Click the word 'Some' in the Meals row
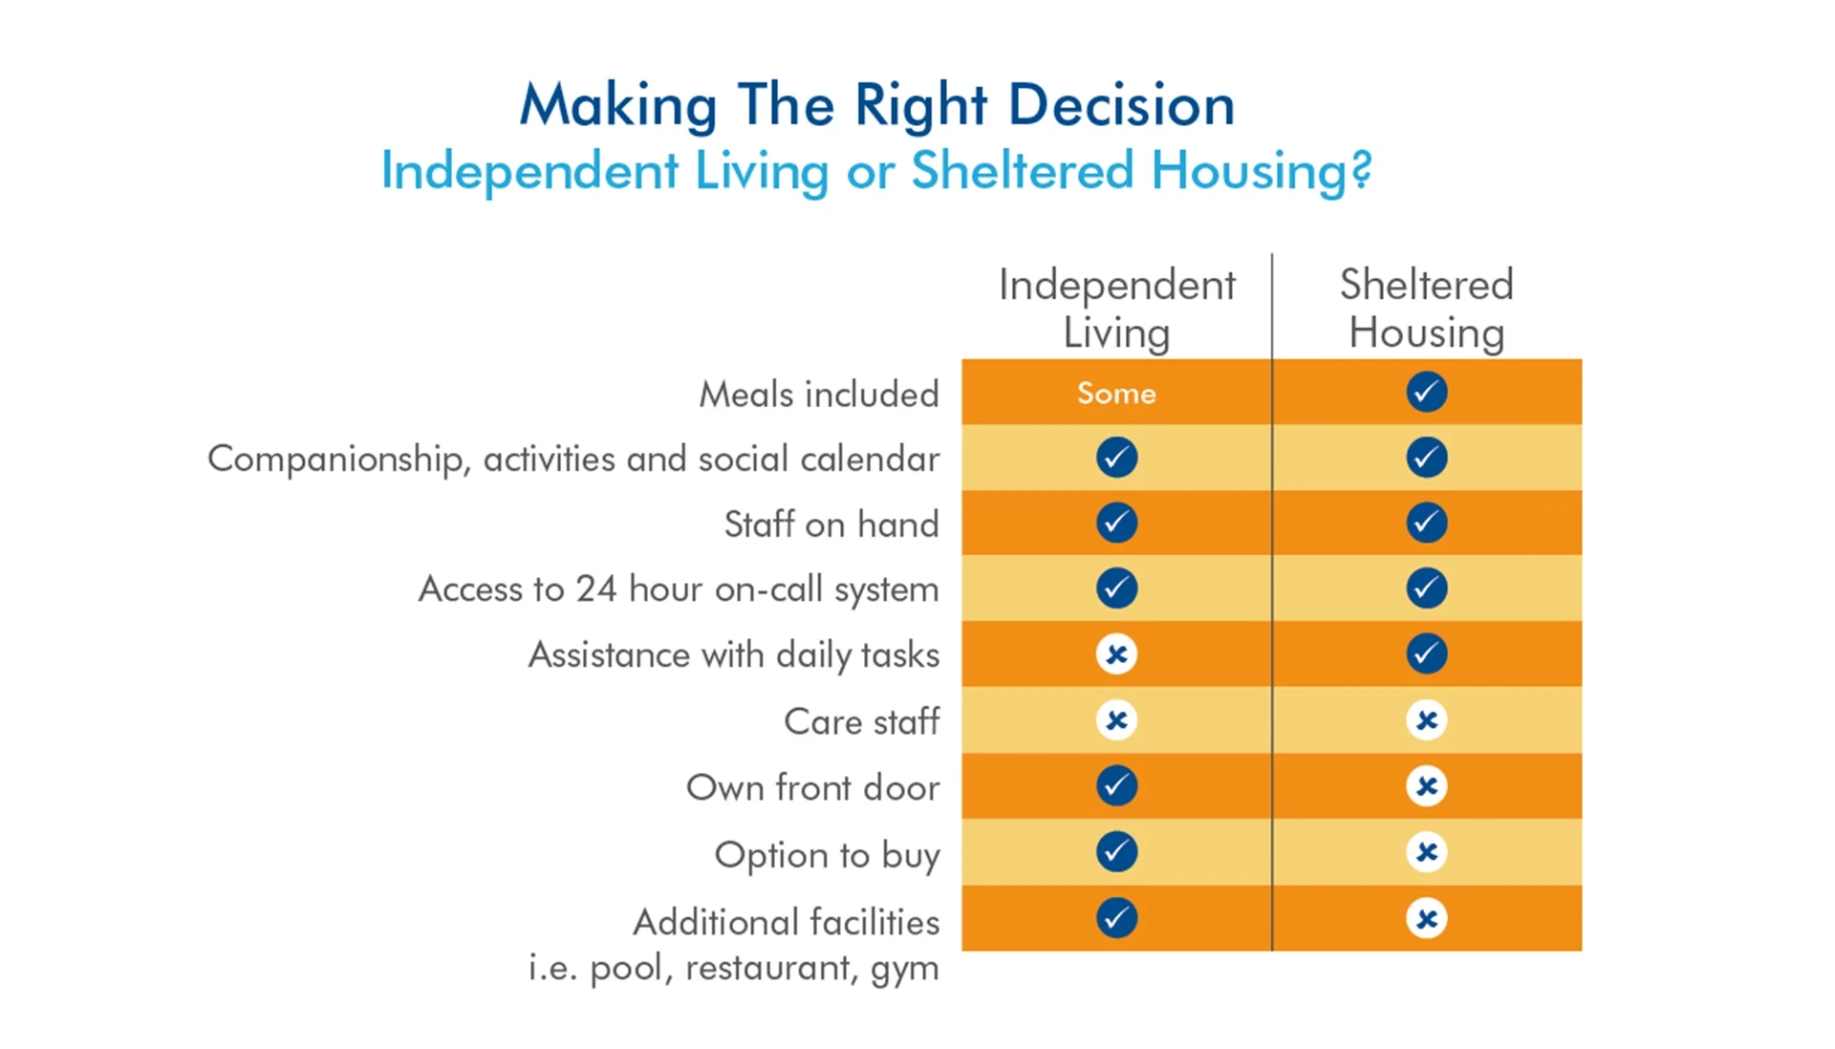(x=1115, y=393)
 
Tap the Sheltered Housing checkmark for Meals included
(x=1426, y=392)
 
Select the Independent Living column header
(x=1116, y=308)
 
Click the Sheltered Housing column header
(x=1426, y=308)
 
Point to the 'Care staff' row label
(x=861, y=721)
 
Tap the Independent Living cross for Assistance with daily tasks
(x=1116, y=654)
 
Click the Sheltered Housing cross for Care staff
(x=1426, y=720)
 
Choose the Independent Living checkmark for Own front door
(x=1116, y=785)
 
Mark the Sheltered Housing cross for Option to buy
(x=1426, y=851)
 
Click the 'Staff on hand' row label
(x=831, y=524)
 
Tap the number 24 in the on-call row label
(x=595, y=589)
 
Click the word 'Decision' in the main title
(x=1121, y=104)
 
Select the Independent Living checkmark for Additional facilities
(x=1116, y=918)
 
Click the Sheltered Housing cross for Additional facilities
(x=1426, y=918)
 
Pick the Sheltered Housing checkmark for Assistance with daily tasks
(x=1426, y=653)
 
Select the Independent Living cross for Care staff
(x=1116, y=720)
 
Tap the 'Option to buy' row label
(x=827, y=854)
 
